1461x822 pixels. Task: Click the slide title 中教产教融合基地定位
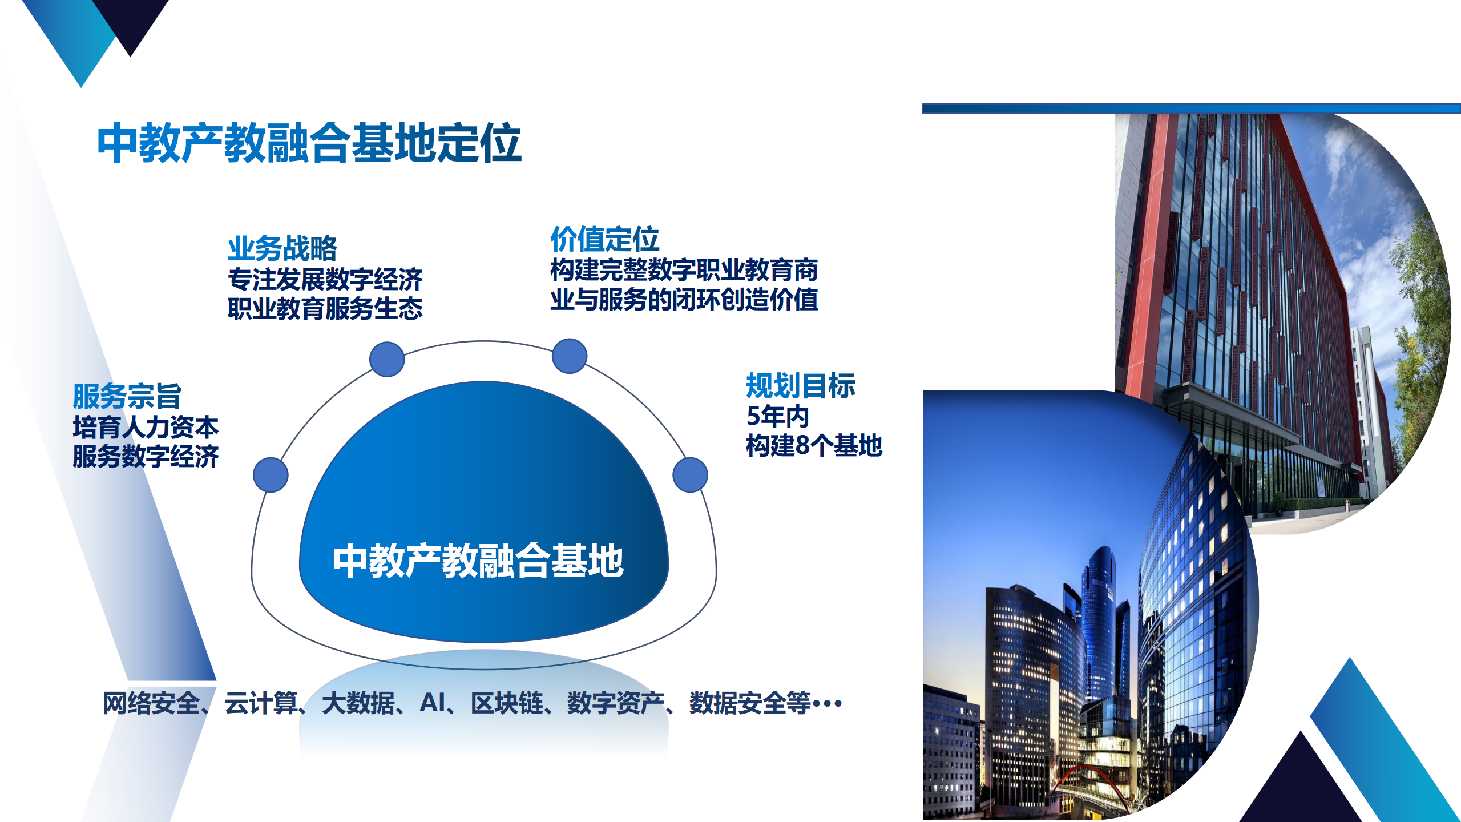pyautogui.click(x=309, y=143)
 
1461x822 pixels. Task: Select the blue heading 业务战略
pyautogui.click(x=282, y=248)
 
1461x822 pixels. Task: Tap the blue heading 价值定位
pyautogui.click(x=604, y=239)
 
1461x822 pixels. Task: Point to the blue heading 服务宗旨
pyautogui.click(x=127, y=396)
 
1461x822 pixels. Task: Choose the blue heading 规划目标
pyautogui.click(x=801, y=385)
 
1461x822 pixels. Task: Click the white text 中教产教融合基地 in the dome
pyautogui.click(x=478, y=561)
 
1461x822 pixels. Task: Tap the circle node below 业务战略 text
pyautogui.click(x=387, y=359)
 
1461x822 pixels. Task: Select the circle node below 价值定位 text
pyautogui.click(x=570, y=356)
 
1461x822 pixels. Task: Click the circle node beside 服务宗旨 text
pyautogui.click(x=271, y=474)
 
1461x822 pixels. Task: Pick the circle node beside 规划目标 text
pyautogui.click(x=691, y=474)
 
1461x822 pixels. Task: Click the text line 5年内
pyautogui.click(x=778, y=416)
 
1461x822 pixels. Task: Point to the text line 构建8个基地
pyautogui.click(x=814, y=445)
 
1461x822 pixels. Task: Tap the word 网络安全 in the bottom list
pyautogui.click(x=151, y=703)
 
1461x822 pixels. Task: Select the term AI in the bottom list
pyautogui.click(x=433, y=703)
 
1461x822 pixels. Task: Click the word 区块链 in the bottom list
pyautogui.click(x=507, y=703)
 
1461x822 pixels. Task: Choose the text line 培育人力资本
pyautogui.click(x=146, y=427)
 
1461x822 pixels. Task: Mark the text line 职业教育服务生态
pyautogui.click(x=325, y=308)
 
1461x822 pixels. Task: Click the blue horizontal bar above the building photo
pyautogui.click(x=1191, y=108)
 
